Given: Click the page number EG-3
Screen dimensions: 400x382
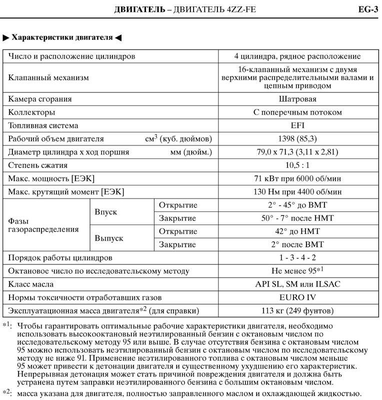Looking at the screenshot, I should click(x=367, y=9).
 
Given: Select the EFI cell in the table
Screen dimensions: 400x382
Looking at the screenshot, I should click(x=297, y=125).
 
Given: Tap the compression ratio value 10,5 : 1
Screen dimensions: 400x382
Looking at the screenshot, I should click(x=297, y=165).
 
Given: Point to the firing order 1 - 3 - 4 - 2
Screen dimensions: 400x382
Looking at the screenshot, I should click(x=297, y=257).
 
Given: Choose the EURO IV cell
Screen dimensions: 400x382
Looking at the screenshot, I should click(x=297, y=297).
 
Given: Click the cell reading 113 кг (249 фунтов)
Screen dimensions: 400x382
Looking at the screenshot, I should click(x=297, y=310).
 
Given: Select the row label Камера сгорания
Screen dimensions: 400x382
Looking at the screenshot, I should click(x=40, y=99).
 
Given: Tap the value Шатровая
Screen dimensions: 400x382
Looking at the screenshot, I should click(x=297, y=99).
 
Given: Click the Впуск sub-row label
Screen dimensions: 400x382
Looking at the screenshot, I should click(x=106, y=211).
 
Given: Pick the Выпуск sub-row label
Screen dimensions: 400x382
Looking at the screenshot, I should click(x=109, y=238).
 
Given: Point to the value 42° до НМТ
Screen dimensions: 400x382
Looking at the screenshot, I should click(x=297, y=231).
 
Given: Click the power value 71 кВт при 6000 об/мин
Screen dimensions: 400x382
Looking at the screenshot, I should click(x=297, y=178).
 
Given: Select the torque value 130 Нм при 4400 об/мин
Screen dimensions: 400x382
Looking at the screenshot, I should click(x=297, y=191).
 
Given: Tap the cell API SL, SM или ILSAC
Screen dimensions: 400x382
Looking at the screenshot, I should click(x=297, y=284).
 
